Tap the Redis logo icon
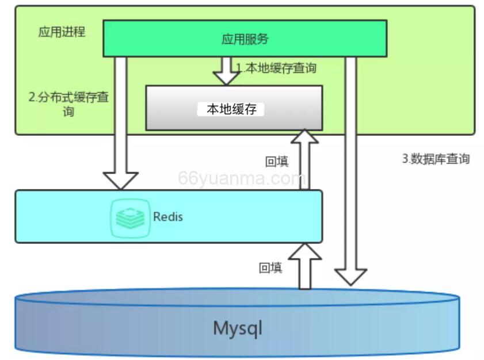coord(130,217)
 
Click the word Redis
coord(168,217)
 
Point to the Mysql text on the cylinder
coord(238,328)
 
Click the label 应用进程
coord(62,32)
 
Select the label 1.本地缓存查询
coord(277,68)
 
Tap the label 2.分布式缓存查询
coord(68,104)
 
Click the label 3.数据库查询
coord(436,159)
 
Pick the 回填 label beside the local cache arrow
coord(276,162)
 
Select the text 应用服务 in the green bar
coord(245,39)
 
